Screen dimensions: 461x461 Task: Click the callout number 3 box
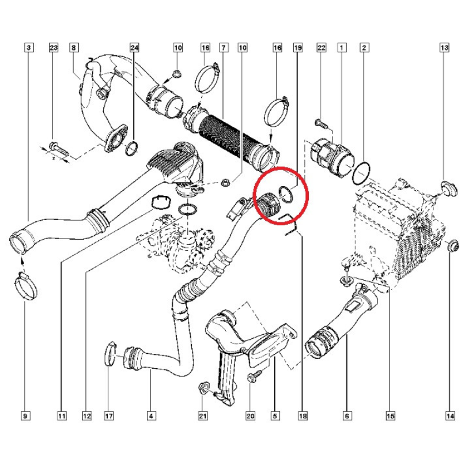coord(28,47)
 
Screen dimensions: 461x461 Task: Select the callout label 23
coord(54,47)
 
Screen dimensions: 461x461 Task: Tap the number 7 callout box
coord(224,47)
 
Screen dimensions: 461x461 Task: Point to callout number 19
coord(298,47)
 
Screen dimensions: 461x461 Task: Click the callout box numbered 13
coord(444,47)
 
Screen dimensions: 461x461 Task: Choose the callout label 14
coord(451,415)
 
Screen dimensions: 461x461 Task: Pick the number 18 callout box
coord(303,415)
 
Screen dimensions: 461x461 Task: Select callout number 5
coord(275,415)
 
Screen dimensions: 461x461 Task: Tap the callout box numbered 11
coord(62,415)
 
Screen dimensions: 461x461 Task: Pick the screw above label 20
coord(254,376)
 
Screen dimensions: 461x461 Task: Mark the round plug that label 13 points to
coord(448,188)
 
